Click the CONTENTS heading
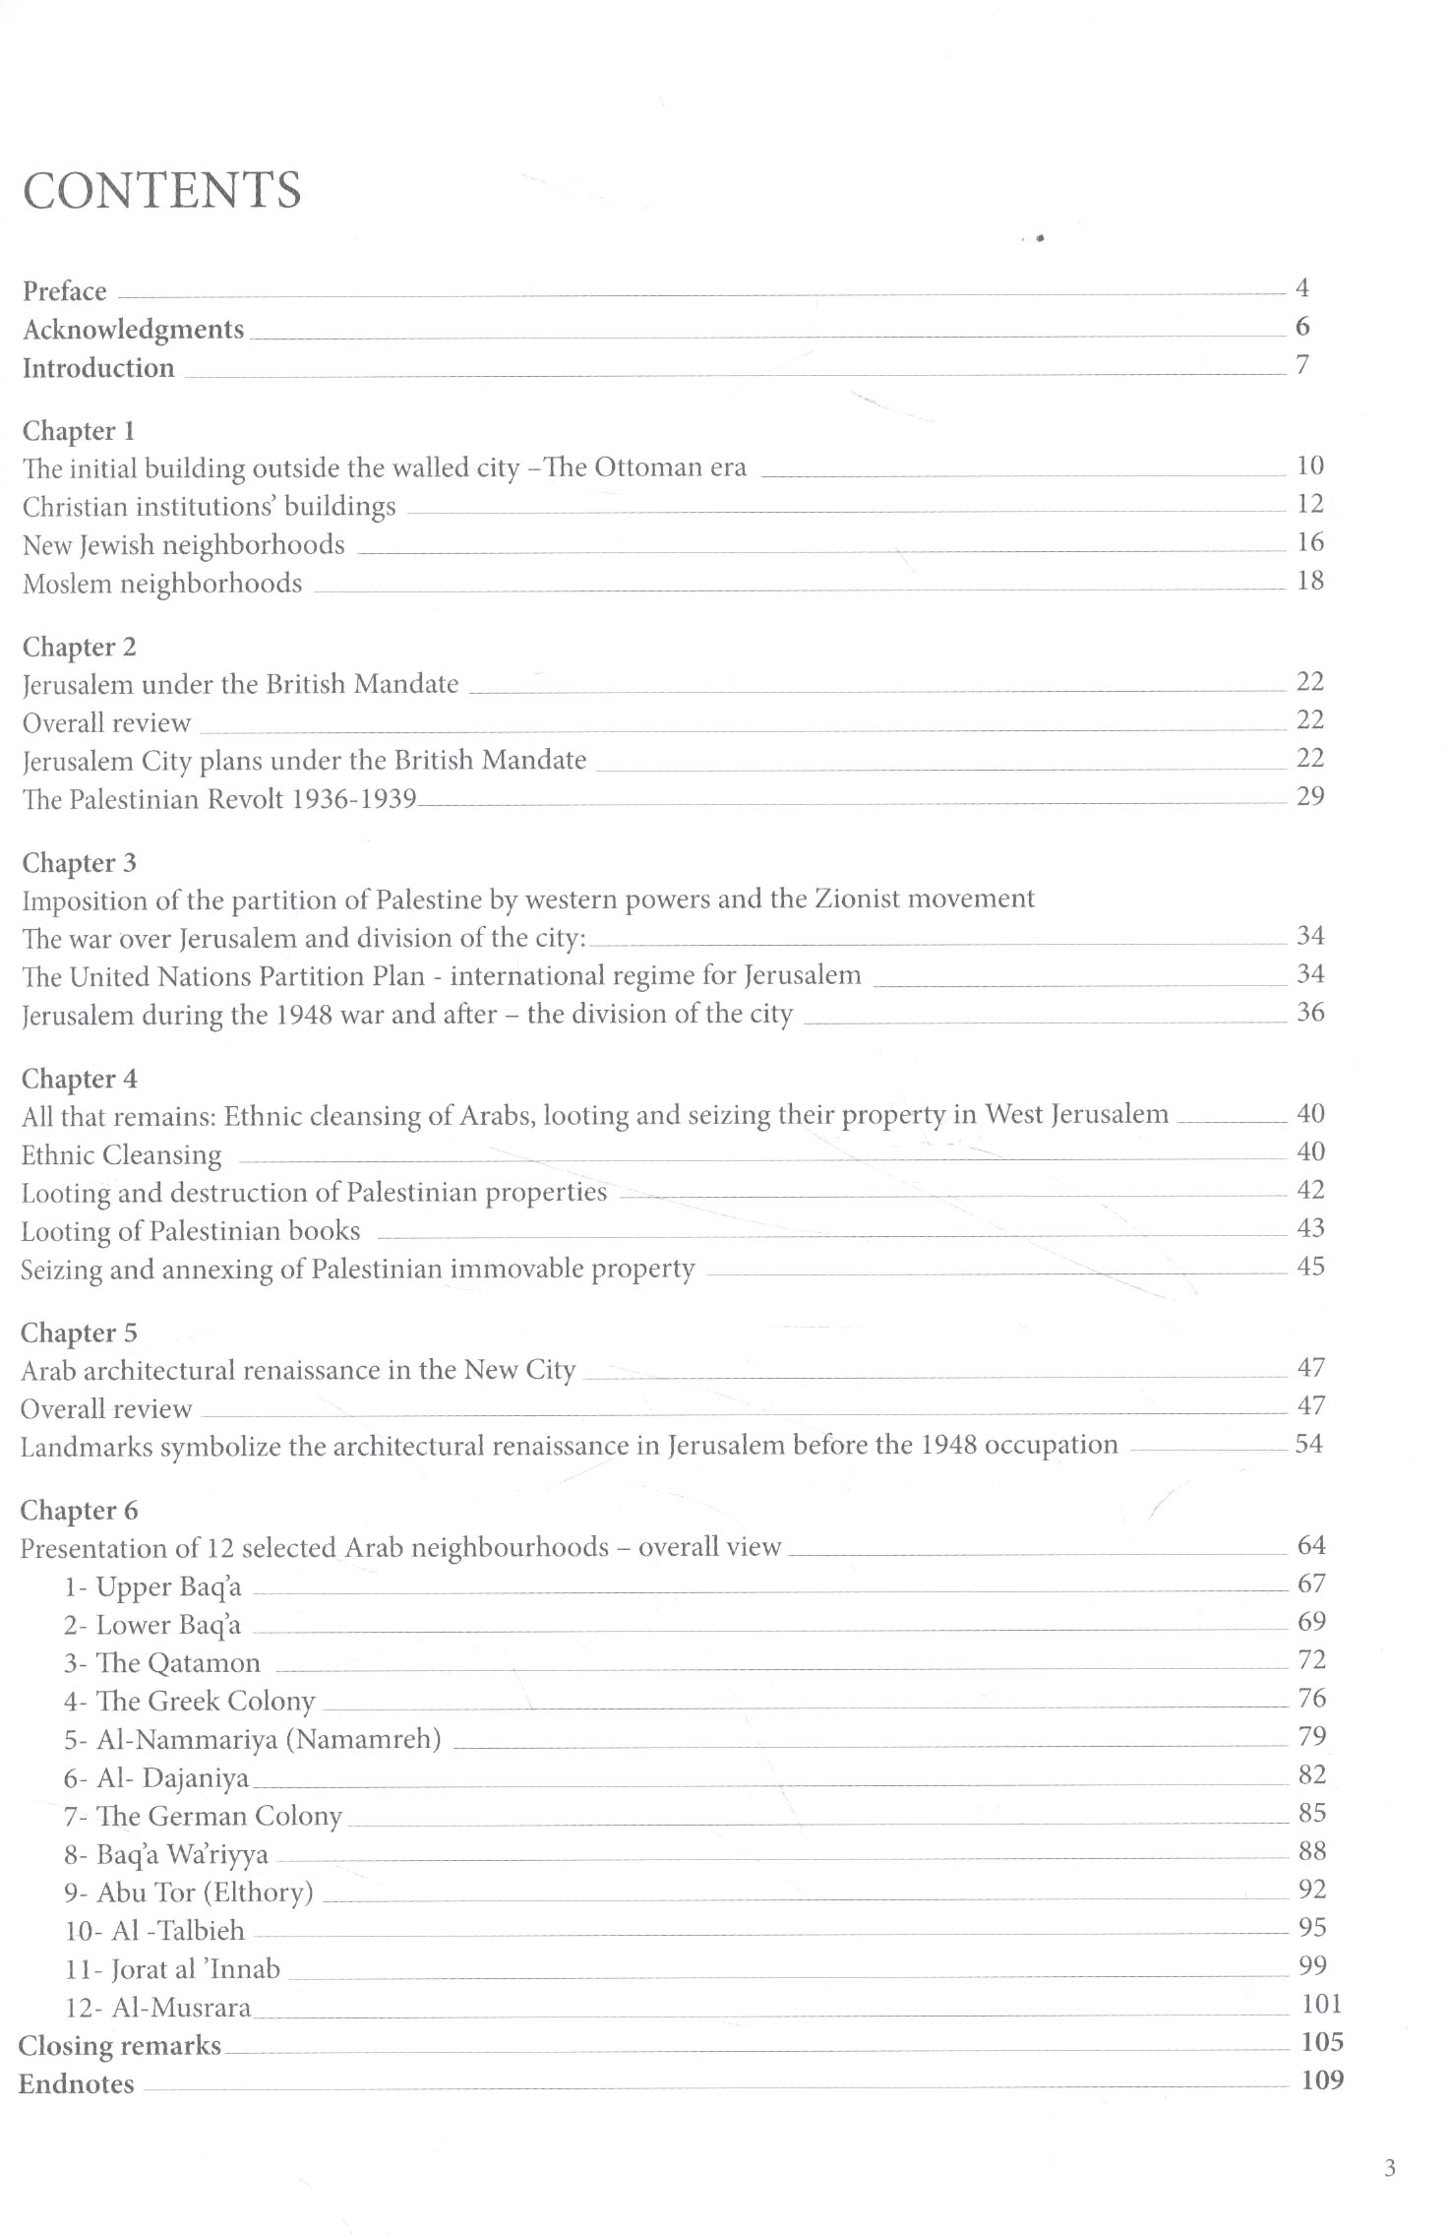161,190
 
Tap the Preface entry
65,291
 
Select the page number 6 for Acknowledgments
1302,327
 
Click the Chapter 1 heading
79,431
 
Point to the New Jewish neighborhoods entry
184,545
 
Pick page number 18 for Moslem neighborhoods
1310,581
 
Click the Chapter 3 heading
79,863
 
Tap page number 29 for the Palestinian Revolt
1310,796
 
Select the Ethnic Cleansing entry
122,1154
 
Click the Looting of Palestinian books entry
191,1231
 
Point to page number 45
1310,1267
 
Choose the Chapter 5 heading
79,1334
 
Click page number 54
1309,1444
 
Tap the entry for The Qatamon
162,1663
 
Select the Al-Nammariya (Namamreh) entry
252,1739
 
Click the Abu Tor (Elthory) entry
189,1893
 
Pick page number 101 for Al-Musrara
1321,2004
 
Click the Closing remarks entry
120,2045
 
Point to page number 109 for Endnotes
1322,2079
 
